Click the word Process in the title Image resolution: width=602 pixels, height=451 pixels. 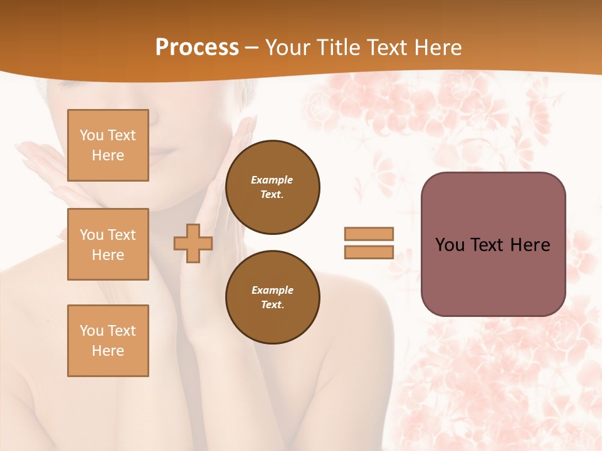[197, 48]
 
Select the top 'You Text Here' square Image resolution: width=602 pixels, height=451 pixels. [108, 145]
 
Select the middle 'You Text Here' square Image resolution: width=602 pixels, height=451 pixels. [108, 244]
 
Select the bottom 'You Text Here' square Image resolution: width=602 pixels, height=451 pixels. [108, 341]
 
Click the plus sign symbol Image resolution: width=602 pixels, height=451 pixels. [193, 243]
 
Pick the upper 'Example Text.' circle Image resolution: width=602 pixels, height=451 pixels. [273, 187]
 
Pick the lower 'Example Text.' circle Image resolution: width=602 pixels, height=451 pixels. [273, 297]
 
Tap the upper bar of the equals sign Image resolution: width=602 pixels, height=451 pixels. [369, 234]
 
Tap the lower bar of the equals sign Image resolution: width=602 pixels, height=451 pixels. [369, 252]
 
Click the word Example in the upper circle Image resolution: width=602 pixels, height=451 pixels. [272, 180]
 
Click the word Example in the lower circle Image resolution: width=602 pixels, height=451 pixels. [272, 290]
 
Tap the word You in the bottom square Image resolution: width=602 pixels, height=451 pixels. [92, 331]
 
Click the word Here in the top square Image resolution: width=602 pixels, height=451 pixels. [108, 155]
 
